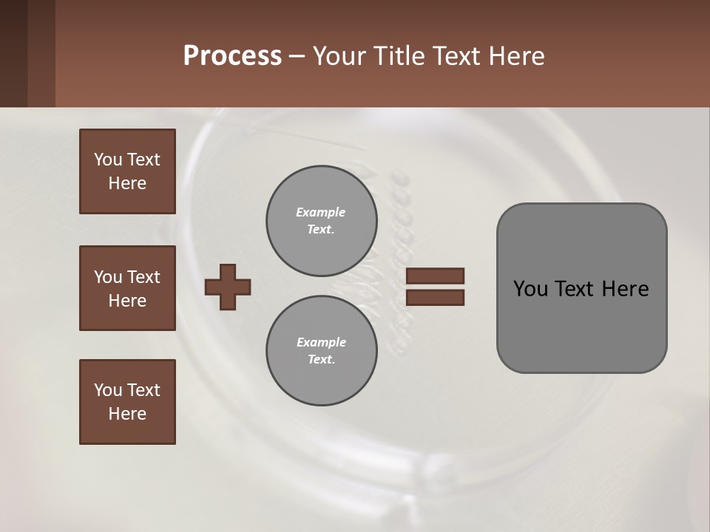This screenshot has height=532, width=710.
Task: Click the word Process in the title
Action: pos(232,56)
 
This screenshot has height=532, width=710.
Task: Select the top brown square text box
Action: pos(127,171)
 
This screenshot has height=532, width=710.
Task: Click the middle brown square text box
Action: pos(127,288)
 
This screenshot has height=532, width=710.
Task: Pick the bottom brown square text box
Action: pos(127,402)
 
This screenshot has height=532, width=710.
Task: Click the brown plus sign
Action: pos(228,287)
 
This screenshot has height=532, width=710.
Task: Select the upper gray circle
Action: pos(321,220)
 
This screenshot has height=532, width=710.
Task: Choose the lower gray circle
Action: pos(321,350)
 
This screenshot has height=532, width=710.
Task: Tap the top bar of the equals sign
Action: pos(435,276)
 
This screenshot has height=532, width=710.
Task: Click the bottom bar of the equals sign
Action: pos(435,298)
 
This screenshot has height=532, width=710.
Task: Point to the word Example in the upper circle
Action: pos(321,212)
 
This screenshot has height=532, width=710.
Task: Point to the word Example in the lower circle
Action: pos(321,342)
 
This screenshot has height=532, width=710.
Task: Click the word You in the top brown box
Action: pos(108,160)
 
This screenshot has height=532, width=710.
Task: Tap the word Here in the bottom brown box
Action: pos(127,414)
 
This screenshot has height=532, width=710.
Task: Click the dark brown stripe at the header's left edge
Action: pos(13,53)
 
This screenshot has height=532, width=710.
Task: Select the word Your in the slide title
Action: pos(339,56)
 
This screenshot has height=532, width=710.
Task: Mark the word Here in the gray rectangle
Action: pos(625,289)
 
